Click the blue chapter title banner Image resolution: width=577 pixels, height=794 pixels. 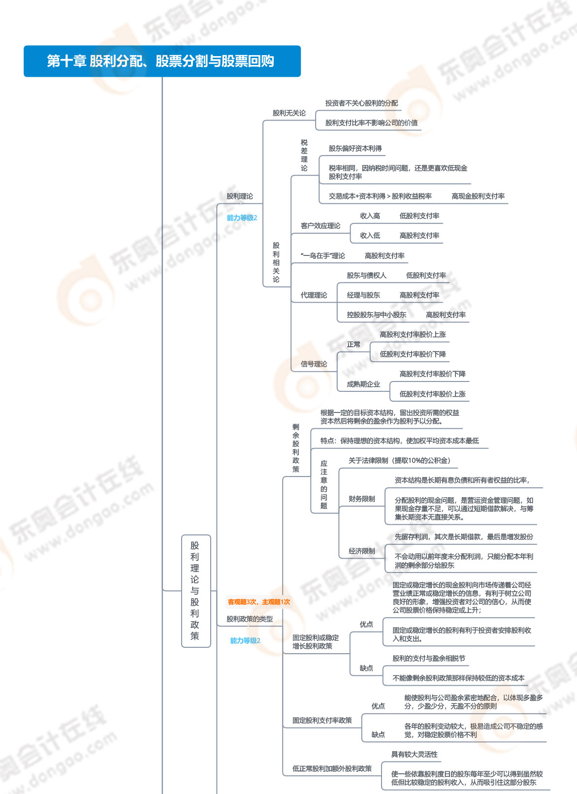pyautogui.click(x=162, y=61)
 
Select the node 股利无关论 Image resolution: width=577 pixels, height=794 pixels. pyautogui.click(x=289, y=113)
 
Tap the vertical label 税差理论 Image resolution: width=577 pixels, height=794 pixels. pyautogui.click(x=304, y=155)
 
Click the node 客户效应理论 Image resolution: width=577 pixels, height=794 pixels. pyautogui.click(x=320, y=226)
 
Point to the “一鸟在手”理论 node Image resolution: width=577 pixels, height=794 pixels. pyautogui.click(x=322, y=256)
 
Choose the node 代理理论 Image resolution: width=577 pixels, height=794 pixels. pyautogui.click(x=314, y=295)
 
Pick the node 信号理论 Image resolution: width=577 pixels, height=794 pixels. pyautogui.click(x=314, y=364)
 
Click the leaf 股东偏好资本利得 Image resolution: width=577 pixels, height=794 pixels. pyautogui.click(x=355, y=149)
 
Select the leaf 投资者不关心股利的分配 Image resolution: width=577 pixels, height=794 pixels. pyautogui.click(x=361, y=103)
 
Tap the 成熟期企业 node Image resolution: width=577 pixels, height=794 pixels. pyautogui.click(x=363, y=384)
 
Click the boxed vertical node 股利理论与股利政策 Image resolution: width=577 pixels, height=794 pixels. pyautogui.click(x=195, y=591)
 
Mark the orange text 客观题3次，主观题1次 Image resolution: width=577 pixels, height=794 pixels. pyautogui.click(x=258, y=602)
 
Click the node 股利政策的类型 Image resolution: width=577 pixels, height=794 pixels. pyautogui.click(x=249, y=619)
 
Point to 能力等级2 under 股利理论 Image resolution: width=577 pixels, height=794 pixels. pyautogui.click(x=242, y=218)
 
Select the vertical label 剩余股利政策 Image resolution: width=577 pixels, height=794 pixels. pyautogui.click(x=296, y=448)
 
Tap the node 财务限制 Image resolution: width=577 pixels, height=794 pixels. pyautogui.click(x=361, y=499)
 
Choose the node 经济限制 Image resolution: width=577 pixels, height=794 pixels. pyautogui.click(x=361, y=551)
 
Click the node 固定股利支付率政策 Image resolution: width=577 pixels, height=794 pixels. pyautogui.click(x=322, y=721)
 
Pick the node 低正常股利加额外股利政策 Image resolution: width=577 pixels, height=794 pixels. pyautogui.click(x=332, y=769)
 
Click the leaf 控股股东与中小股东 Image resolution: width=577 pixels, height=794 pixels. pyautogui.click(x=376, y=315)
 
